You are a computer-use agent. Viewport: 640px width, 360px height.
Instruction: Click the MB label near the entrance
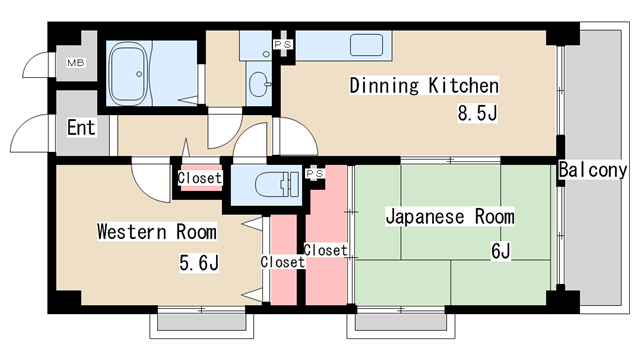pos(76,63)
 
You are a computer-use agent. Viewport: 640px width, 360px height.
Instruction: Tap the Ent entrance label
pos(81,127)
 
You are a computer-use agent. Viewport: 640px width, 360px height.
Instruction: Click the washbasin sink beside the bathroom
pos(261,83)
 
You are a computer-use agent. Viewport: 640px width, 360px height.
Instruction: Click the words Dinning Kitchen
pos(423,86)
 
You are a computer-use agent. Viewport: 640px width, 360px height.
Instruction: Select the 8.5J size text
pos(477,113)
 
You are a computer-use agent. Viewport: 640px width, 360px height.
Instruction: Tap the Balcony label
pos(593,170)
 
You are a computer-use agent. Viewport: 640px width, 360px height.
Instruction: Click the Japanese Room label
pos(450,216)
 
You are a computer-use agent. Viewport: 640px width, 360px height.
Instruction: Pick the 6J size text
pos(500,251)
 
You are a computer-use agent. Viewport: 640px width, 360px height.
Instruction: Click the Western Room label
pos(156,232)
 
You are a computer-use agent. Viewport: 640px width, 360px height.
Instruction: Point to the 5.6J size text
pos(199,263)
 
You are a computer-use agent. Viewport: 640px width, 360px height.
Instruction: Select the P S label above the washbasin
pos(282,45)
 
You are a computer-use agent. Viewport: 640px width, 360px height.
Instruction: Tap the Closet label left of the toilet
pos(200,178)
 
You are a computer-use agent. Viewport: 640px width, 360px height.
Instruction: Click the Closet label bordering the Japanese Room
pos(325,250)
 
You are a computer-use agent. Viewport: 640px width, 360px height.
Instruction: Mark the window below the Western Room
pos(200,322)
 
